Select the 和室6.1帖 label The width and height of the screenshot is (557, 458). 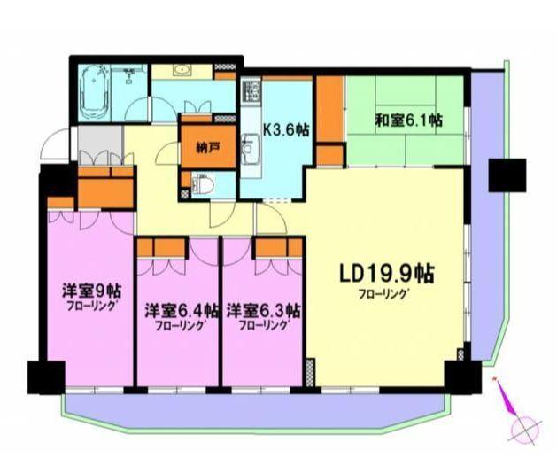408,120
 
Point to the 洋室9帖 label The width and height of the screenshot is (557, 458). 91,291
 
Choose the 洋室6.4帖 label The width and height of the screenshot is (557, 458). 180,310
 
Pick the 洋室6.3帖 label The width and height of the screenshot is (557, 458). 263,310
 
